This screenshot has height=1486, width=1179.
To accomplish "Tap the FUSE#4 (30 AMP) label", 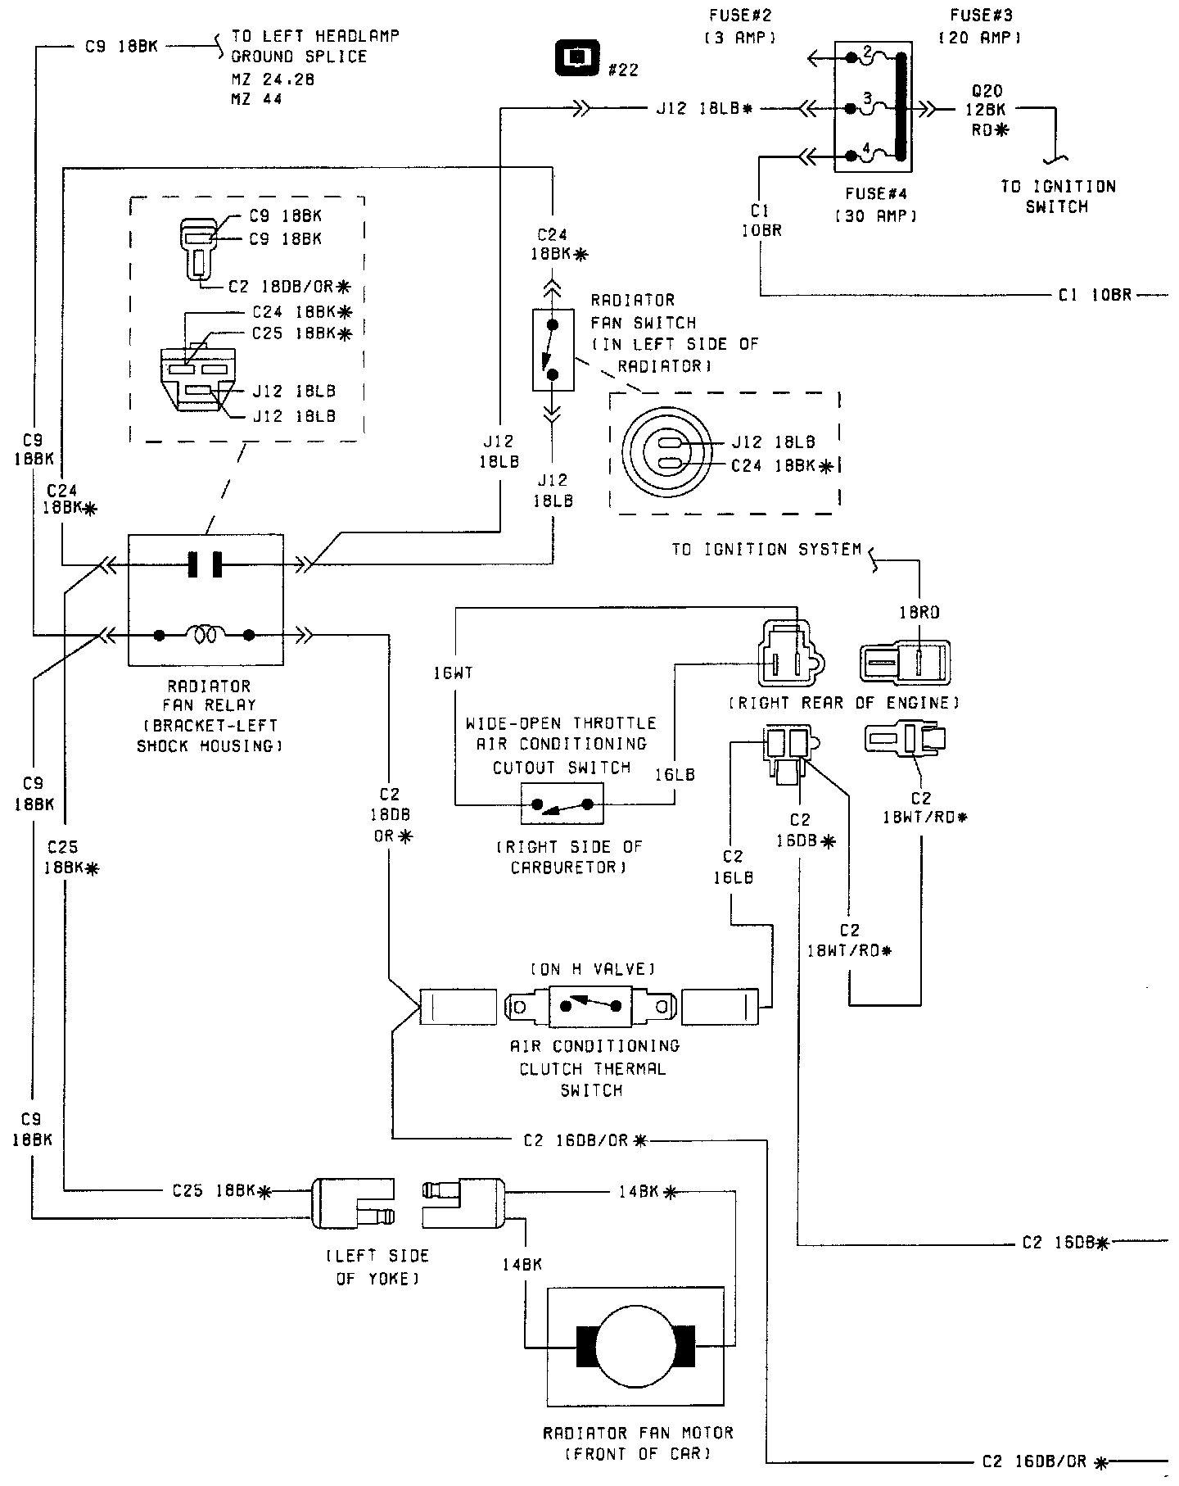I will pos(880,206).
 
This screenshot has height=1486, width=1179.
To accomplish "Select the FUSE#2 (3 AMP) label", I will pos(739,26).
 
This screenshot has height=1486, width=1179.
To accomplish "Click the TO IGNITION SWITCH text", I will pos(1058,197).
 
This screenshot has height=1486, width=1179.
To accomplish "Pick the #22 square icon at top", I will pos(577,57).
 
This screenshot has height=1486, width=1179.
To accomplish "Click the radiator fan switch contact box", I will pos(553,350).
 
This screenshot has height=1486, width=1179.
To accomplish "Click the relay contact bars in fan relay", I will pos(205,564).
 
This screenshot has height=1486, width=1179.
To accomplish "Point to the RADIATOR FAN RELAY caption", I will pos(209,716).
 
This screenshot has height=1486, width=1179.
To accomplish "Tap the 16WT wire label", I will pos(453,673).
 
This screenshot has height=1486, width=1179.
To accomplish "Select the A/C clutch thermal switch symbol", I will pos(589,1005).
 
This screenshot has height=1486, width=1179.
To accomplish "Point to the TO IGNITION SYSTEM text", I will pos(766,550).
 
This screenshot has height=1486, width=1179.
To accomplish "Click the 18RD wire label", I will pos(919,613).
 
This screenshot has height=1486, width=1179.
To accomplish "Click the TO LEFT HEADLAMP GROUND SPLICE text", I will pos(314,47).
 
